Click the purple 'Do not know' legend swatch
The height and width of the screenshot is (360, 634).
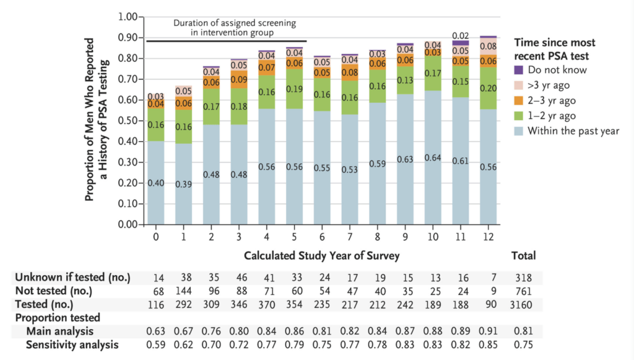tap(519, 70)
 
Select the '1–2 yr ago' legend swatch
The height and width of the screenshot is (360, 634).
tap(519, 116)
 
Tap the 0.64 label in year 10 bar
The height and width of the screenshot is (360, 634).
tap(432, 157)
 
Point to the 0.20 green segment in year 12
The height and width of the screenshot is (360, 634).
tap(488, 87)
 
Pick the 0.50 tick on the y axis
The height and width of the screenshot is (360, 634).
tap(126, 120)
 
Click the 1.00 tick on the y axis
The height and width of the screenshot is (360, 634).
tap(126, 17)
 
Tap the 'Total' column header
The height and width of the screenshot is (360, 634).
tap(523, 255)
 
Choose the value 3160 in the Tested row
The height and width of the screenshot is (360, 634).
tap(523, 305)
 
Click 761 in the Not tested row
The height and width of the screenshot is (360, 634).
tap(523, 291)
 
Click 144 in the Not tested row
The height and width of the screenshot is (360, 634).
tap(183, 291)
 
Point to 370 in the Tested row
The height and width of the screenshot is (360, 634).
tap(266, 305)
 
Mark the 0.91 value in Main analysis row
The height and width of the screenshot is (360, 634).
tap(488, 332)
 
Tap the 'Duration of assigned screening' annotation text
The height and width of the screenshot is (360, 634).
tap(234, 23)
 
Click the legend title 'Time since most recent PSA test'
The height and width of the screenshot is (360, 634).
tap(555, 49)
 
